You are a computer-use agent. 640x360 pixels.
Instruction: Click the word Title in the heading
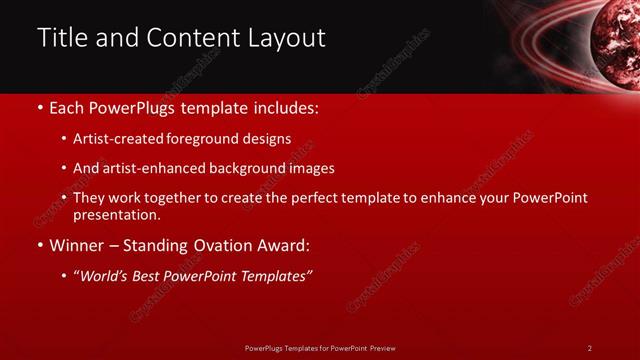point(60,38)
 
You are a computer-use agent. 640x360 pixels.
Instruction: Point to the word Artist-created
point(115,139)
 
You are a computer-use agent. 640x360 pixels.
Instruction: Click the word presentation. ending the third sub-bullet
point(116,215)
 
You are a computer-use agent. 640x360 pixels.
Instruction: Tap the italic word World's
point(102,277)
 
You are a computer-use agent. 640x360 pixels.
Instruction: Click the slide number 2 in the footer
point(590,347)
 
